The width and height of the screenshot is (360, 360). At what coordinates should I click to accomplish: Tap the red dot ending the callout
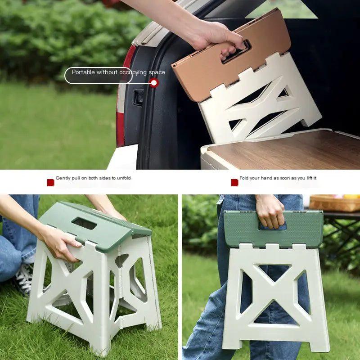coord(154,83)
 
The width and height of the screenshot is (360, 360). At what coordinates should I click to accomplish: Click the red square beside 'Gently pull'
coord(50,182)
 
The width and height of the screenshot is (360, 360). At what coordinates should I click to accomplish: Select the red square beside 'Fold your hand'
coord(234,182)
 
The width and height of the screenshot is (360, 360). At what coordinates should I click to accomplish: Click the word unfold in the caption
coord(122,178)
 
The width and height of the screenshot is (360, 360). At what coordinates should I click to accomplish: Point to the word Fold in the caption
coord(244,178)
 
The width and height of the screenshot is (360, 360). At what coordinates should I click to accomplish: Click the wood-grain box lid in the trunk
coord(288,153)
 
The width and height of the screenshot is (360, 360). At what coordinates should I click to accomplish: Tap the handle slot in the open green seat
coord(84,223)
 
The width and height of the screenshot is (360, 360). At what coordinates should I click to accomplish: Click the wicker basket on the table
coord(334,203)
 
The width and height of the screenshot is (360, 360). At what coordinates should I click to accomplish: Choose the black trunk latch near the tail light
coord(139,97)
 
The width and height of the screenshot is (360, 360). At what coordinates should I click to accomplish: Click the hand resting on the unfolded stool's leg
coord(58,243)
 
